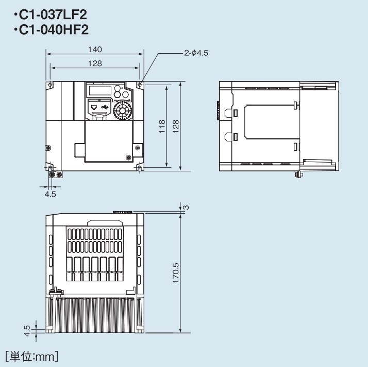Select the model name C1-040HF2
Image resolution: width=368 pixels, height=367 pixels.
coord(50,30)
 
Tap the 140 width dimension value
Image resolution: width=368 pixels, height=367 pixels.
coord(95,50)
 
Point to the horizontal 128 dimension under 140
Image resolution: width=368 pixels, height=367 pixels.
coord(95,63)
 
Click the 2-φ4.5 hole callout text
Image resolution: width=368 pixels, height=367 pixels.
coord(196,53)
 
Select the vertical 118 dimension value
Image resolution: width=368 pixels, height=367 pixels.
coord(162,125)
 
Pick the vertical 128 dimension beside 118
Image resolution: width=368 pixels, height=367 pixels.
coord(176,125)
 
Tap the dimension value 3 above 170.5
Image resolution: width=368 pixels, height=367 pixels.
coord(186,207)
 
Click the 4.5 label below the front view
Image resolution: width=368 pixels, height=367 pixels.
coord(50,194)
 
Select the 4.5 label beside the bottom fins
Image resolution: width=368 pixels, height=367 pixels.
coord(27,328)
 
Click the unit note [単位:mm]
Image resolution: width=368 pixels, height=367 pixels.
coord(32,356)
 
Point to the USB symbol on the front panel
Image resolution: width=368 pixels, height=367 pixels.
coord(106,107)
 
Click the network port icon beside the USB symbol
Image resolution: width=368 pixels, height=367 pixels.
coord(94,107)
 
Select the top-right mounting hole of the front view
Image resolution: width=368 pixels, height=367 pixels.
coord(140,84)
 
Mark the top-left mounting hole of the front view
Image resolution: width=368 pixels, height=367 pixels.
coord(50,84)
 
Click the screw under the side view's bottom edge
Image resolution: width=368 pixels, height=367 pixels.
coord(297,175)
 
